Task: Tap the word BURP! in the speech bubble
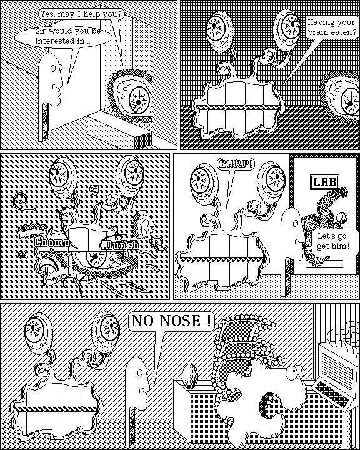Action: (x=236, y=164)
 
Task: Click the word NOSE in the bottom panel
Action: (x=180, y=320)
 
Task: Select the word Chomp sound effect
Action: (x=52, y=242)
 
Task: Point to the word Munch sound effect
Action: (x=121, y=246)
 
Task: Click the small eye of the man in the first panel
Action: (x=53, y=68)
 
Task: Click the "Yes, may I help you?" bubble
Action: (x=81, y=14)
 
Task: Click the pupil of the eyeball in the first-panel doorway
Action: (x=138, y=102)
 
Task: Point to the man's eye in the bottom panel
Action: (x=140, y=372)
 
